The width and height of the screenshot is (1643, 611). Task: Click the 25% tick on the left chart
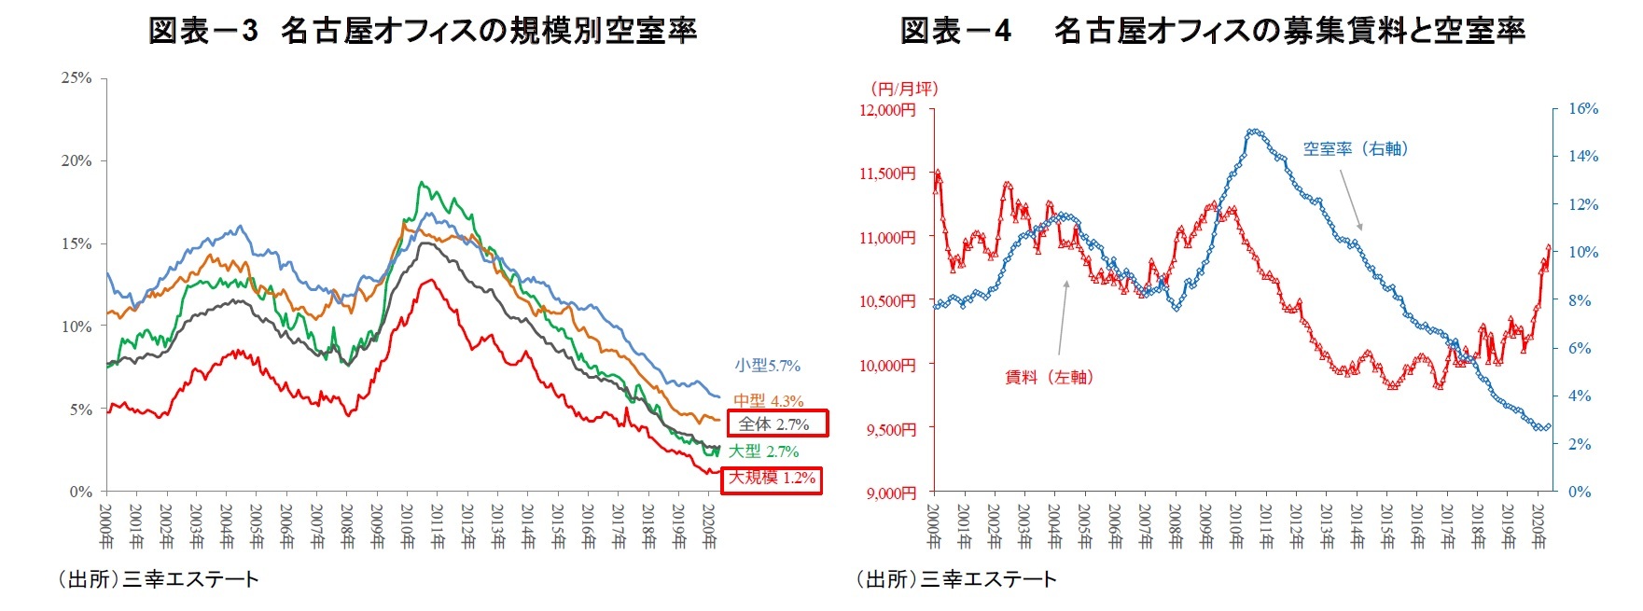[77, 77]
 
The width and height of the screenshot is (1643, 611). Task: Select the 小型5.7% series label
[767, 366]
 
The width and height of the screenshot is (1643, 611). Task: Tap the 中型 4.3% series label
[768, 401]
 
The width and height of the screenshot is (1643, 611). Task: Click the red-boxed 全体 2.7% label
[777, 424]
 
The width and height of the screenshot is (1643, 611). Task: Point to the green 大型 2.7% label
[763, 451]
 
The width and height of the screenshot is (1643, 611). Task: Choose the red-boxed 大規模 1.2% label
[772, 479]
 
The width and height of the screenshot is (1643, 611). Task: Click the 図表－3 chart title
[423, 31]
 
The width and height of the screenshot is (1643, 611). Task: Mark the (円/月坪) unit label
[903, 89]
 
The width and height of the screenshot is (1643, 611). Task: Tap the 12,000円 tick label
[887, 110]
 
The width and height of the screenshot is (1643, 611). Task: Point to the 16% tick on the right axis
[1583, 108]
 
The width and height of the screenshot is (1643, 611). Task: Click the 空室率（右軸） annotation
[1356, 149]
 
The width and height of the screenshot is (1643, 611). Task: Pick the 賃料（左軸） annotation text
[1049, 378]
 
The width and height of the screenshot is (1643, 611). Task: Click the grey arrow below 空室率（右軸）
[1351, 200]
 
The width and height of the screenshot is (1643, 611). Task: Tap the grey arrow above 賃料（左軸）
[1063, 317]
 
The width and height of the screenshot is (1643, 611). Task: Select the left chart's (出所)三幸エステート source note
[158, 579]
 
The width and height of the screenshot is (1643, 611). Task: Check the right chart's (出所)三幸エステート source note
[956, 579]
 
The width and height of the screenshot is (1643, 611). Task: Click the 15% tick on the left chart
[77, 243]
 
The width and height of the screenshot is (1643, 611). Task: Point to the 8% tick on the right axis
[1580, 300]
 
